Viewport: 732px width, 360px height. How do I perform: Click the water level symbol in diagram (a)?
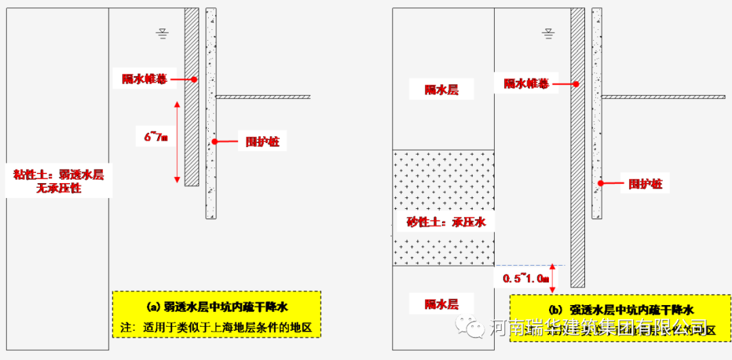[162, 32]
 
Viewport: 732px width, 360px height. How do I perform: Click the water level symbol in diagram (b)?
[548, 32]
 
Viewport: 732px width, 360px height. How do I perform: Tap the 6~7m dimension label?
[155, 137]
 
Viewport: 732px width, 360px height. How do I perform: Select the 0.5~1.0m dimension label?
[526, 278]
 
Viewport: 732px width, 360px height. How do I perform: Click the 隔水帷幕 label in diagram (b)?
[526, 84]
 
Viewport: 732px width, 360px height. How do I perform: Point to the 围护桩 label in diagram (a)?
[262, 142]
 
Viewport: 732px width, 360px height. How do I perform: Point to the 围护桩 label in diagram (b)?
[645, 183]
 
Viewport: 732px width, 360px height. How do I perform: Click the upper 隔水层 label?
[442, 89]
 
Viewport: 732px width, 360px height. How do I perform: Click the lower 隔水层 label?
[442, 304]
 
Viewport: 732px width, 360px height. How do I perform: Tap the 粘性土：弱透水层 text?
[59, 175]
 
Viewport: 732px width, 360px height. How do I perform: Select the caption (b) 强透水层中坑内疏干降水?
[622, 310]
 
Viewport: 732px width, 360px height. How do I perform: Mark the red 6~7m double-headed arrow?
[177, 142]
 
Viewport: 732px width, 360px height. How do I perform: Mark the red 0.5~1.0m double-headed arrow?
[553, 278]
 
